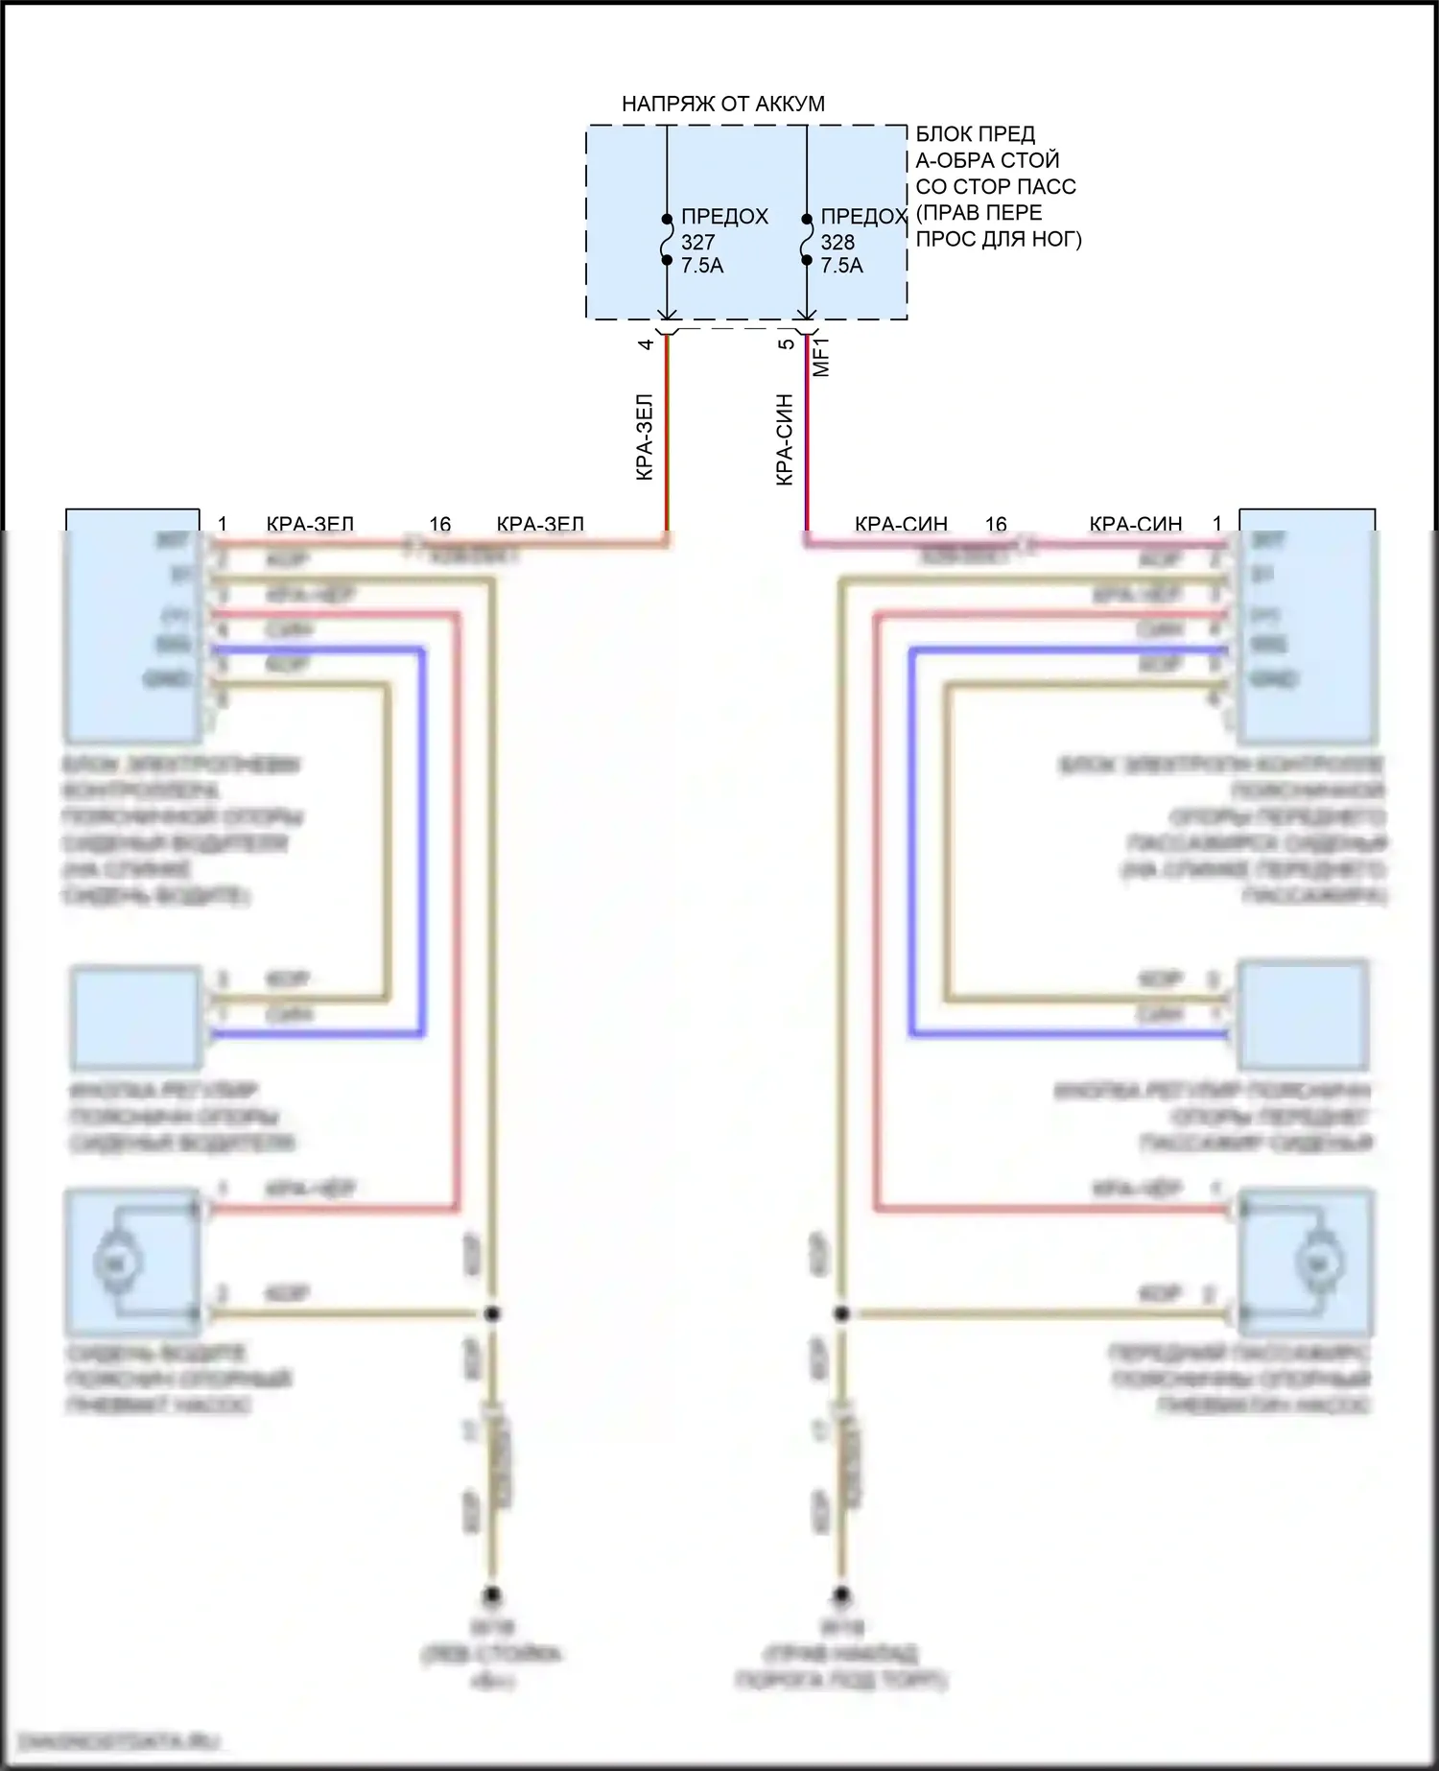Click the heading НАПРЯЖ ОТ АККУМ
722,104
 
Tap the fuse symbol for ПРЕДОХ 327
667,238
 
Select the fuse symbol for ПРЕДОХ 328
806,238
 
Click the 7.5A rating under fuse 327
702,266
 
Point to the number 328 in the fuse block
837,242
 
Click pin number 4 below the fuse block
647,343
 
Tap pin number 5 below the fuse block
786,343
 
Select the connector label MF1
821,357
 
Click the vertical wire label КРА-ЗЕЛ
645,437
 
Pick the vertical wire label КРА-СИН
785,438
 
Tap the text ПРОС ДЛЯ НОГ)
999,238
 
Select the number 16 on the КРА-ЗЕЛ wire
439,524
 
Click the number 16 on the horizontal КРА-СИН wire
996,524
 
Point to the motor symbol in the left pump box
117,1263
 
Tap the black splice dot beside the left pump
492,1313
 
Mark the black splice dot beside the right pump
840,1313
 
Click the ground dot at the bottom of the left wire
492,1595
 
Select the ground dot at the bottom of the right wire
840,1595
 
